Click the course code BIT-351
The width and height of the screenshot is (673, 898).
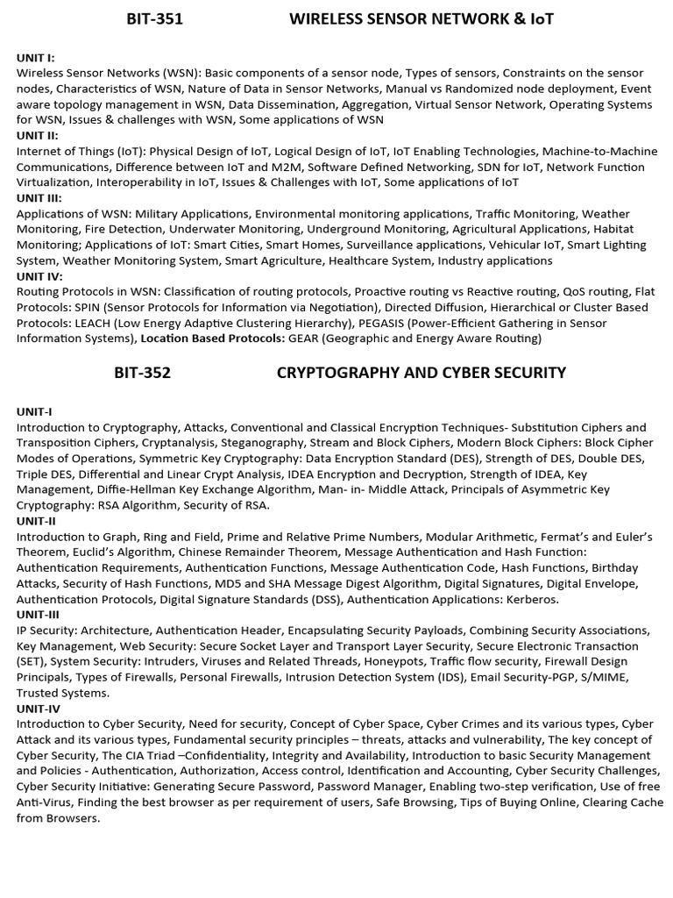[154, 19]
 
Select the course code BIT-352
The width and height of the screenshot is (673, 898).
[142, 373]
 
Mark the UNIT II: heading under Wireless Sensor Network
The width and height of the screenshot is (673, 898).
[38, 135]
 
